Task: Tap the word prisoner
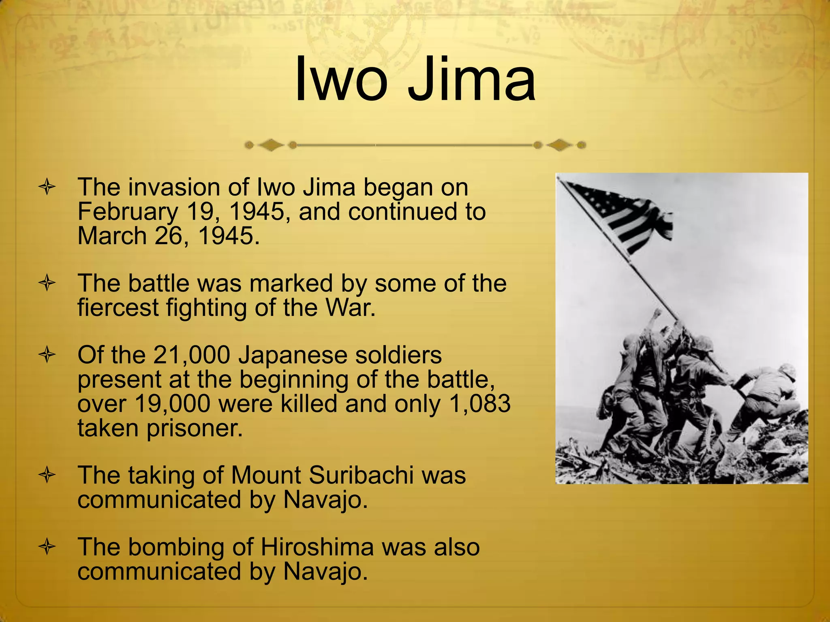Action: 195,428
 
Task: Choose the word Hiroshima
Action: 317,547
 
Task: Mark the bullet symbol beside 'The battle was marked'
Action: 47,283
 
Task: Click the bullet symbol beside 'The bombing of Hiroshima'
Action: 47,547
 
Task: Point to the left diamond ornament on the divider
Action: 271,145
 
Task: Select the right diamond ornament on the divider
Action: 559,145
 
